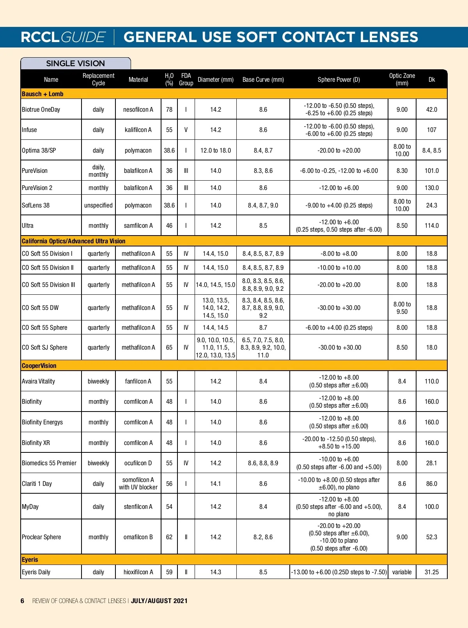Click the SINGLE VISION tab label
point(75,63)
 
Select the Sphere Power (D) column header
point(339,79)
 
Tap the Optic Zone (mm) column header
point(402,79)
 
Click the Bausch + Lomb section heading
point(43,94)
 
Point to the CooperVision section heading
point(39,366)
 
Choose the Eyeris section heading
point(30,559)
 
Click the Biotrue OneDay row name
point(41,109)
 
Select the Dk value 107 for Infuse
point(431,130)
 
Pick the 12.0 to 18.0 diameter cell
point(215,150)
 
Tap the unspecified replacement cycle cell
point(98,205)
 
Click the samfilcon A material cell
point(138,225)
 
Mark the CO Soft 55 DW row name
point(40,308)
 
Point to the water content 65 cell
point(169,347)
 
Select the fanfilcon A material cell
point(138,381)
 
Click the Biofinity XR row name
point(36,443)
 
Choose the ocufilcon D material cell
point(138,463)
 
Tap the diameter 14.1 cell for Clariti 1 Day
point(215,484)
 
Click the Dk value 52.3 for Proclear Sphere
point(431,537)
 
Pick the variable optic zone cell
point(402,572)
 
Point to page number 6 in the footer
point(23,601)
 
